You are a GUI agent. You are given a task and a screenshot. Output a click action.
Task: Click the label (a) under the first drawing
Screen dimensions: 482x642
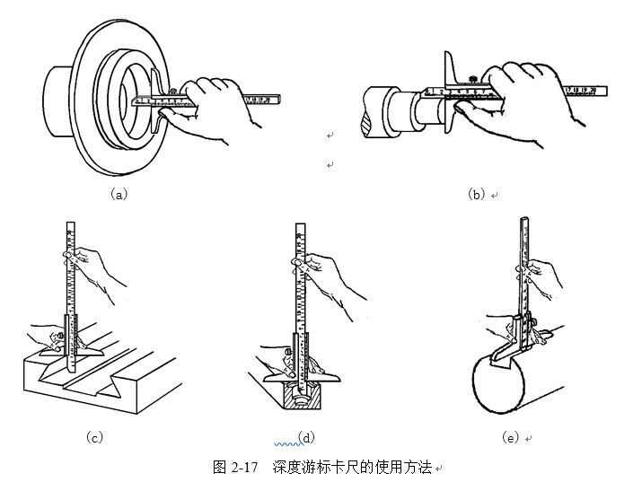point(119,194)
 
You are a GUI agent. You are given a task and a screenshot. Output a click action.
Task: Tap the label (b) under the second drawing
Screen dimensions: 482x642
point(476,194)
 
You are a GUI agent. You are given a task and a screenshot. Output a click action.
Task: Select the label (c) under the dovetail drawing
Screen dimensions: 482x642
point(94,437)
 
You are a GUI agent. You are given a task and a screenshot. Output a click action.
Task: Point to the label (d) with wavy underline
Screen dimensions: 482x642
point(306,437)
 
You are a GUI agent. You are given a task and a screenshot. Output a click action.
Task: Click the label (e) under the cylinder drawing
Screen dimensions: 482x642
point(511,437)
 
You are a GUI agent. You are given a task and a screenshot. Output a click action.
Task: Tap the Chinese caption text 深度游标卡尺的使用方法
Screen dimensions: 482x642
point(353,467)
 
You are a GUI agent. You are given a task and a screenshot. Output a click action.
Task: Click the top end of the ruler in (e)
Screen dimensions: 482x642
point(524,220)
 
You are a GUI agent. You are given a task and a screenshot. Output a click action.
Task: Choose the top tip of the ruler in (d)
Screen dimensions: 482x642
point(300,225)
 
